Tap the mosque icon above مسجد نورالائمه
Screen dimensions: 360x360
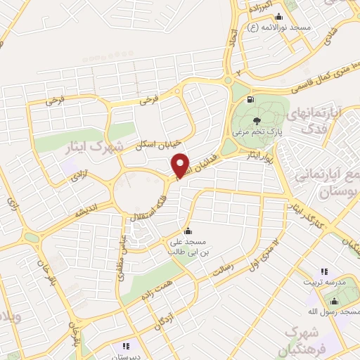(x=279, y=17)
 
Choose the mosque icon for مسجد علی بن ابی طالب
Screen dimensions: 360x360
(x=187, y=231)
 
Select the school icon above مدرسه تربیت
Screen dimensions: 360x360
(x=324, y=271)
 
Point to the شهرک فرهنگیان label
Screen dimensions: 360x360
(x=309, y=338)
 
